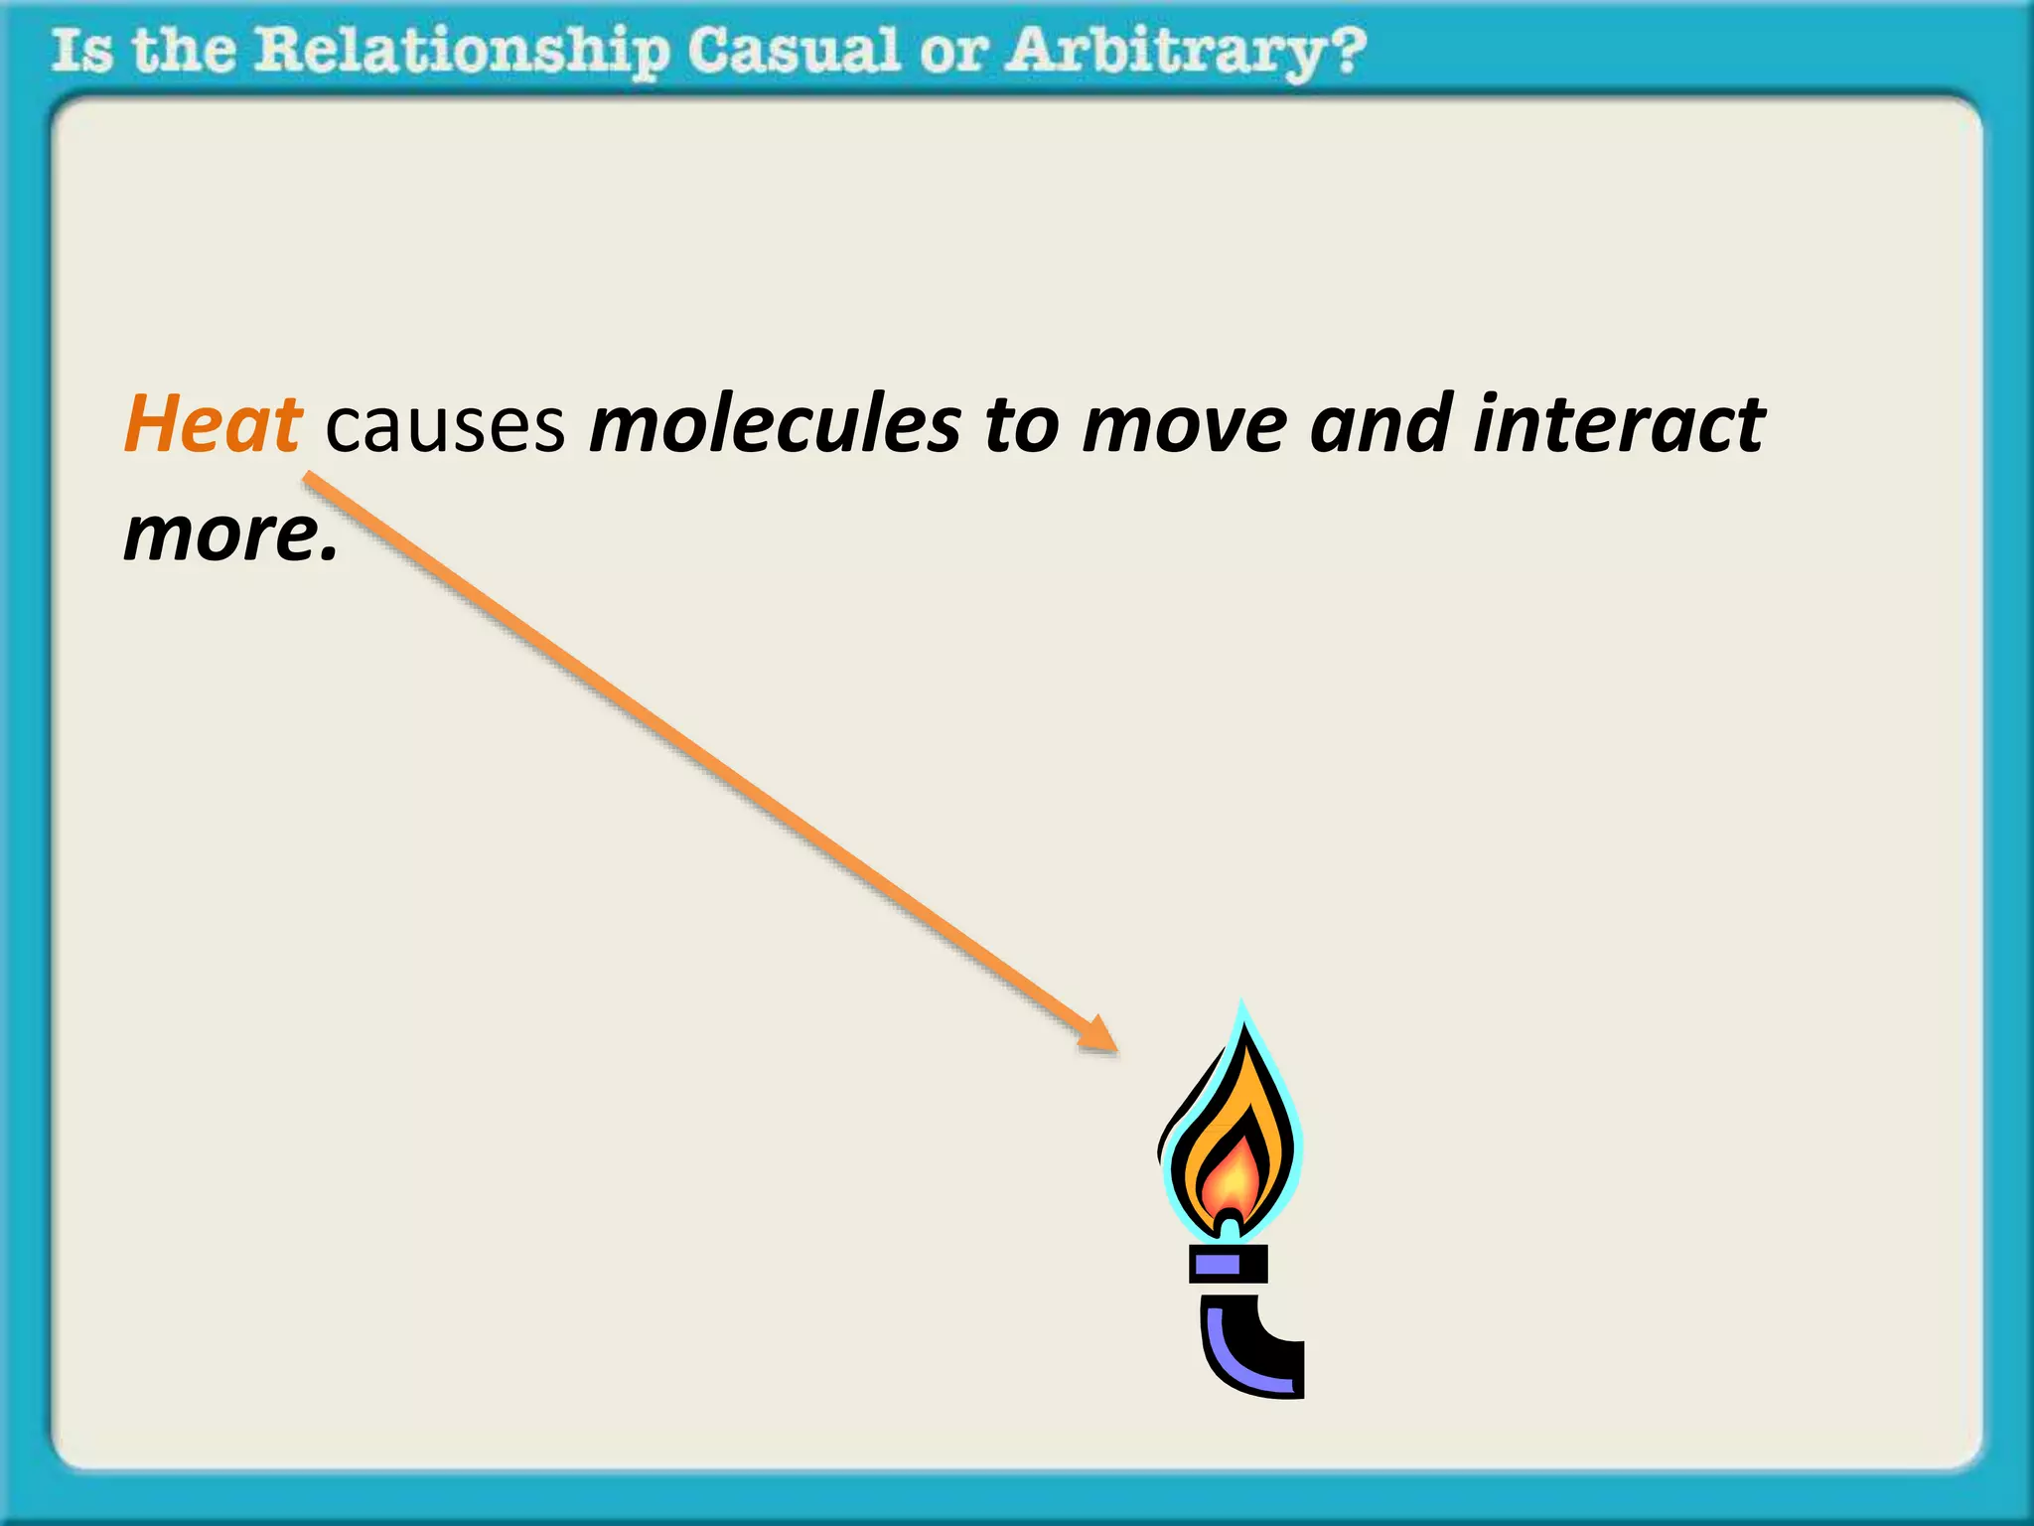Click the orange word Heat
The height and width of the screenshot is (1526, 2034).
(213, 425)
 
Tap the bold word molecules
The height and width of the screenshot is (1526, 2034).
(776, 425)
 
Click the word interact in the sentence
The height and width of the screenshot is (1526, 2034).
(1619, 425)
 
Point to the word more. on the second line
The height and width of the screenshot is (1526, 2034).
(230, 534)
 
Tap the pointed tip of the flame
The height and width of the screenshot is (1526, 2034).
(1241, 1007)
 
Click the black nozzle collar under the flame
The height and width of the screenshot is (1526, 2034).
(1230, 1264)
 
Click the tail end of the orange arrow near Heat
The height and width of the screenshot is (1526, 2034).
(310, 480)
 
